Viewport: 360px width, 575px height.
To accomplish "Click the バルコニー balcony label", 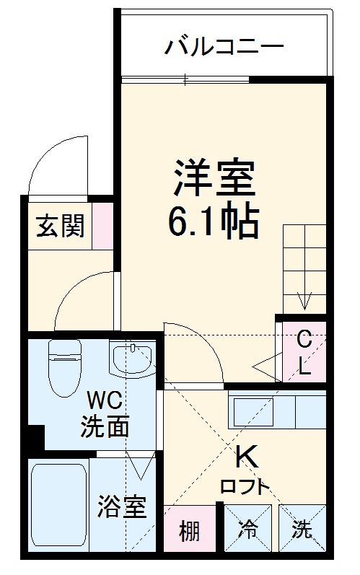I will point(224,48).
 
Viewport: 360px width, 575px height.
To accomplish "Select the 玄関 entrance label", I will point(61,226).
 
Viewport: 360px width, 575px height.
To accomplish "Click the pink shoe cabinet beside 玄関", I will point(102,226).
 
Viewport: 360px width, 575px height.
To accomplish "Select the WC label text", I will point(105,400).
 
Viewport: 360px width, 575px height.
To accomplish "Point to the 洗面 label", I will point(105,426).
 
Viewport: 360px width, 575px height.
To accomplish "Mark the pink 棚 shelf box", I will point(189,532).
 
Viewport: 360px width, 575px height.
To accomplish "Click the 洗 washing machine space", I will point(302,532).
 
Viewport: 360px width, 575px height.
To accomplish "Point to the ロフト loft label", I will point(245,487).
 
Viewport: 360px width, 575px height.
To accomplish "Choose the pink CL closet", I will point(304,351).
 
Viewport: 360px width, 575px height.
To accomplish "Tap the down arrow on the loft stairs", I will point(304,297).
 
